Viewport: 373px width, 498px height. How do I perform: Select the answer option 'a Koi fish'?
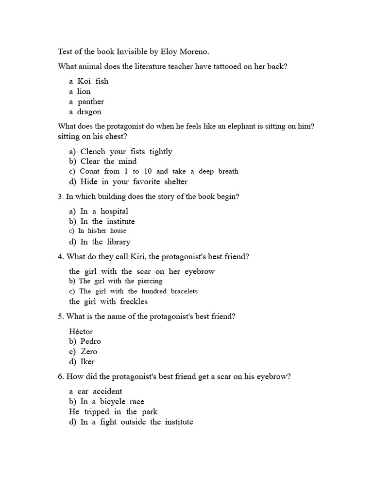(x=89, y=81)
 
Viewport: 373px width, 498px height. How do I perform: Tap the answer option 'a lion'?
(x=80, y=91)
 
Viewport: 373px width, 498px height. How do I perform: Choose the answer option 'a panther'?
(x=86, y=102)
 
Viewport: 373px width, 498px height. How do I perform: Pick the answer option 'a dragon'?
(x=85, y=112)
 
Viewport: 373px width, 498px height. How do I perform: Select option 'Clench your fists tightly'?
(x=126, y=151)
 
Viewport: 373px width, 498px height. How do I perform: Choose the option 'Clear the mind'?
(x=108, y=161)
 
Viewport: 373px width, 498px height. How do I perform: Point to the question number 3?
(x=60, y=196)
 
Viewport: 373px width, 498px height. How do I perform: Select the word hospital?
(x=114, y=212)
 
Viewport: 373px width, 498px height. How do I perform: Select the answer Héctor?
(x=81, y=332)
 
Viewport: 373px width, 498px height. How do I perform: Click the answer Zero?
(x=89, y=352)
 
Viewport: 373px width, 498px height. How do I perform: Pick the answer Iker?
(x=87, y=362)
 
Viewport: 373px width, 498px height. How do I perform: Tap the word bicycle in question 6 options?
(x=113, y=402)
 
